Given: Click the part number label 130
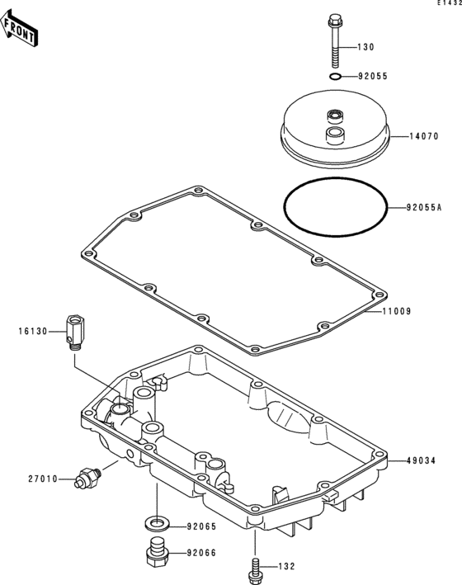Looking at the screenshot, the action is click(x=365, y=47).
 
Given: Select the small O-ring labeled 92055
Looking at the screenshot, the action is click(x=336, y=77).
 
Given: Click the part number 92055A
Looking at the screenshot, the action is click(x=424, y=207).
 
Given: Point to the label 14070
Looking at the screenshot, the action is click(x=424, y=136).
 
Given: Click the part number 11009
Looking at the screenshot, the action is click(x=397, y=311).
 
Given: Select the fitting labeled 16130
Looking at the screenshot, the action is click(x=75, y=333).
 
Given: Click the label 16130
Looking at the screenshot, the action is click(x=33, y=332).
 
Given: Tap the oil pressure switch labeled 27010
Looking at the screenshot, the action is click(x=87, y=478).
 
